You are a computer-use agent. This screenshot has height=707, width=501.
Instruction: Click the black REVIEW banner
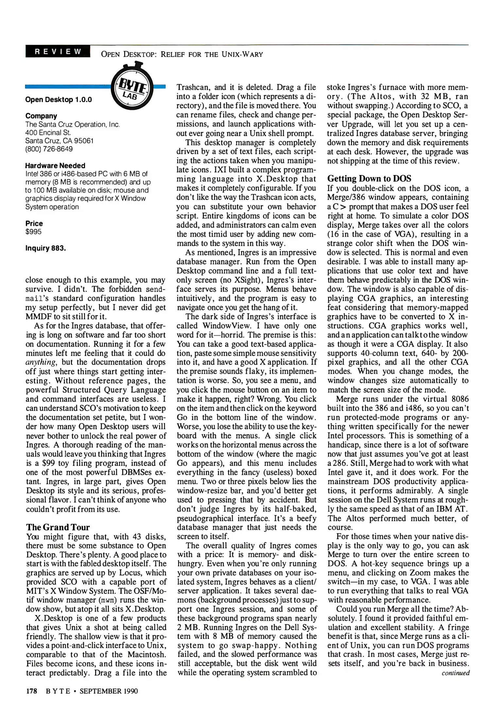[58, 52]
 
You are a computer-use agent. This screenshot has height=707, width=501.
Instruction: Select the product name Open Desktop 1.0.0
[59, 100]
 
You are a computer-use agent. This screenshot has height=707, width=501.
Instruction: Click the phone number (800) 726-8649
[49, 149]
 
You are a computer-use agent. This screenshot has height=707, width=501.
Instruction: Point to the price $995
[33, 232]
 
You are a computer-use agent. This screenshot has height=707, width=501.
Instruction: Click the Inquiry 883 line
[45, 248]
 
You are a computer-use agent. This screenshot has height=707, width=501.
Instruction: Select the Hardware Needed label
[55, 166]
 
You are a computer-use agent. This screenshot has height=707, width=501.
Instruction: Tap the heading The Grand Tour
[58, 527]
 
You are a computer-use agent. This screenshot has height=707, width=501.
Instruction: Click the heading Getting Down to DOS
[369, 179]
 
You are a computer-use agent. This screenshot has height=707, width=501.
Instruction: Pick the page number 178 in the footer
[31, 691]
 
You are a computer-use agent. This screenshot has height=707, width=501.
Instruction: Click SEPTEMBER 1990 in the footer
[109, 691]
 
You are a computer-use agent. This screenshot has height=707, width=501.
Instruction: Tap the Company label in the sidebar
[41, 116]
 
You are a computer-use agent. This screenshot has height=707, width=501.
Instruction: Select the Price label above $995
[34, 224]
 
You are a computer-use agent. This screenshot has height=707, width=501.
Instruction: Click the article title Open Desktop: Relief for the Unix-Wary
[182, 54]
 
